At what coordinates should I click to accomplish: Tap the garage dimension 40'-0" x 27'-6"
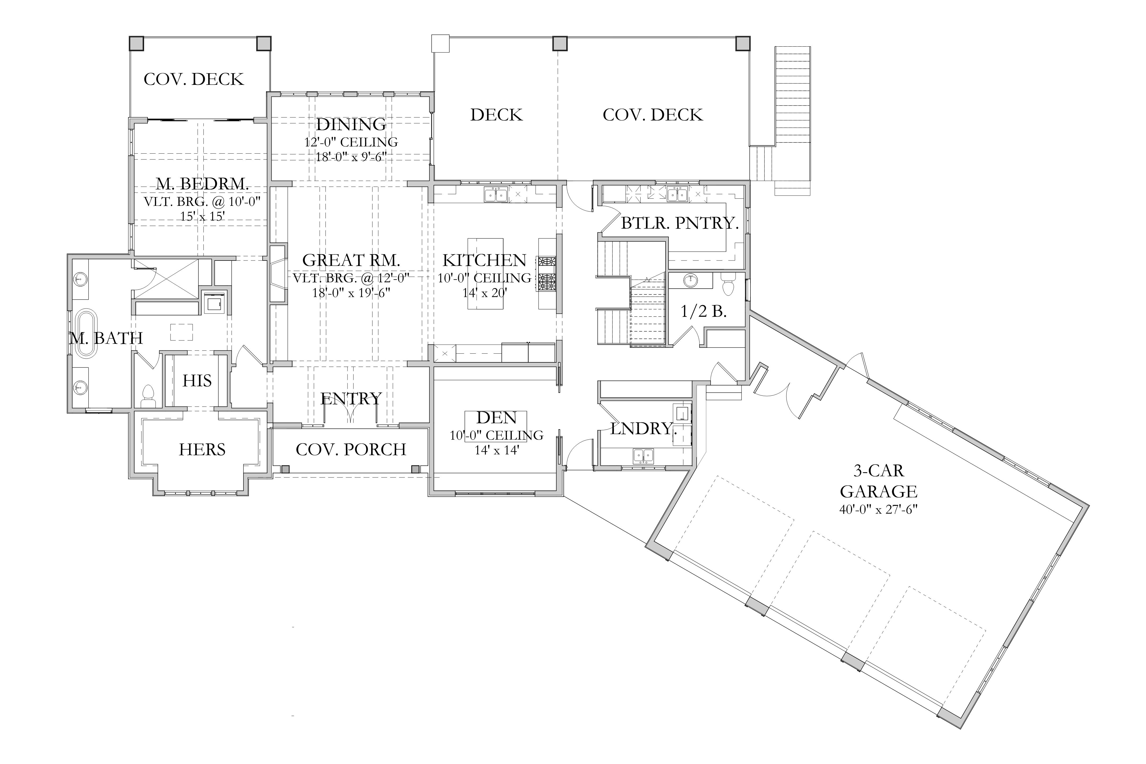tap(879, 510)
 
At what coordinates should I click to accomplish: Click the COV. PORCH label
tap(351, 449)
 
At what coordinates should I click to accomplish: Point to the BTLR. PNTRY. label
tap(680, 223)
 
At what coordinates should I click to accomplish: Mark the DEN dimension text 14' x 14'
tap(497, 450)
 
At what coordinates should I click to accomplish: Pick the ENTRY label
tap(351, 398)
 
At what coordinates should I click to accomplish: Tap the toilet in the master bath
tap(147, 396)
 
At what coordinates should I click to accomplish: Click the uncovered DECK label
tap(496, 115)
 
